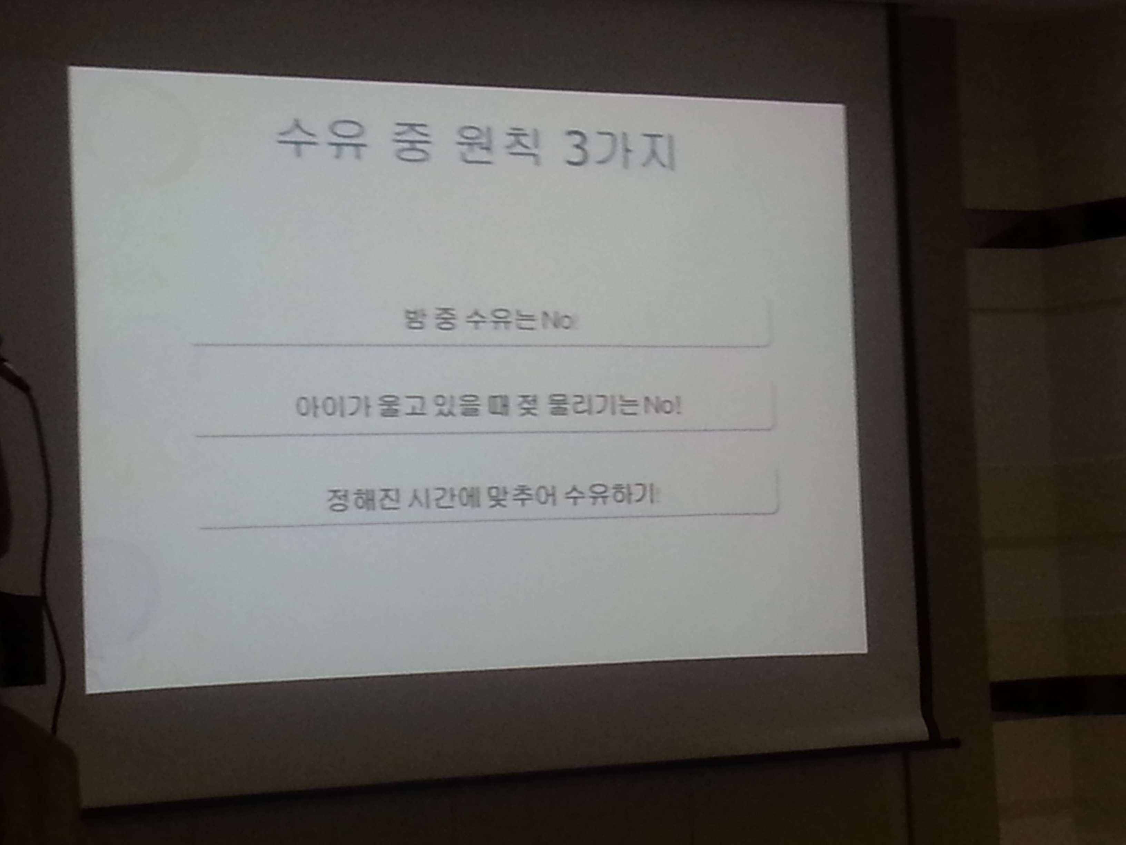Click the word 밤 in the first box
(x=413, y=319)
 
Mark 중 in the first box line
(x=445, y=320)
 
